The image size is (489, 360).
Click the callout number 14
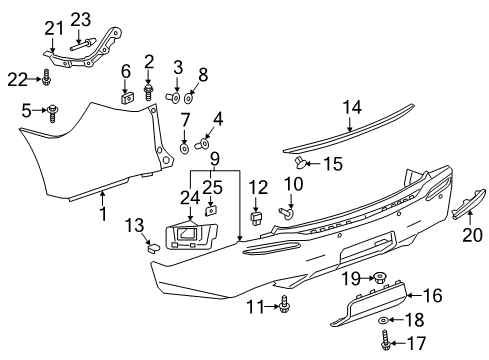[350, 108]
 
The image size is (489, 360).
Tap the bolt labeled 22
[48, 76]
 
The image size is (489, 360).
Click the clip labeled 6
[127, 98]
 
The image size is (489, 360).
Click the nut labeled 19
[380, 304]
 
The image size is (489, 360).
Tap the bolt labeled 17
[384, 345]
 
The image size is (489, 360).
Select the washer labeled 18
[384, 322]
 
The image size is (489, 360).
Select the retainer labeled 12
[256, 215]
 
